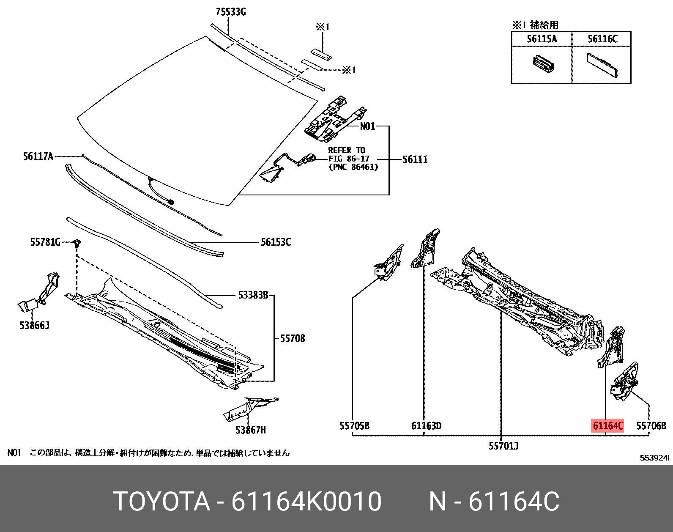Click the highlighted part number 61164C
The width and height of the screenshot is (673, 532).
(608, 426)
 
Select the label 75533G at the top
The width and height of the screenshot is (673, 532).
(230, 12)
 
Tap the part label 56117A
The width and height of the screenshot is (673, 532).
(38, 156)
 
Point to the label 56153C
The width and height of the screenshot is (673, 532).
(276, 242)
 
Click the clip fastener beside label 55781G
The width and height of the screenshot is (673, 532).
(77, 243)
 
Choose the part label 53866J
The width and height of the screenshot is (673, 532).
(34, 325)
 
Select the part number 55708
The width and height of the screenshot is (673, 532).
(292, 338)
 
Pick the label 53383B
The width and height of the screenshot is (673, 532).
(253, 296)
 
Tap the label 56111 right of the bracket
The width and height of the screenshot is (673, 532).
(415, 159)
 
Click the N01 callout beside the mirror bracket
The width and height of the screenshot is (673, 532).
(367, 126)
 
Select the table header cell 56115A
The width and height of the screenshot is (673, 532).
(542, 39)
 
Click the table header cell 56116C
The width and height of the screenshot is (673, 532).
(602, 39)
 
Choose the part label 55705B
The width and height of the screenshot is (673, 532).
(354, 426)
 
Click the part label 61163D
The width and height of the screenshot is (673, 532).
(426, 426)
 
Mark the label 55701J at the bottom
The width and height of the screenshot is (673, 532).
(503, 445)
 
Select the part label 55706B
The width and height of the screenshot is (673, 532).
(651, 426)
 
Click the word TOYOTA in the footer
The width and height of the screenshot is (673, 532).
(162, 502)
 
